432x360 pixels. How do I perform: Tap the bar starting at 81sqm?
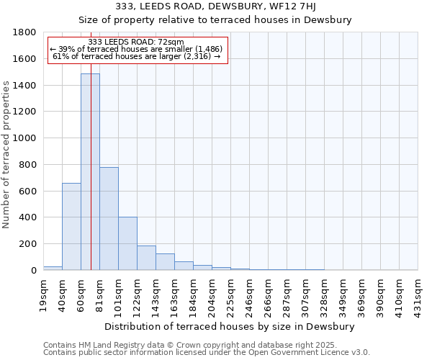point(109,218)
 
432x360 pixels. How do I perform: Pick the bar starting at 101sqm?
point(127,243)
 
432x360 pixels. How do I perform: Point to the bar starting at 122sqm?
point(146,258)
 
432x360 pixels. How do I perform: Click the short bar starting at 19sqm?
point(53,268)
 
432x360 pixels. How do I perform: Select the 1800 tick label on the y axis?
point(25,32)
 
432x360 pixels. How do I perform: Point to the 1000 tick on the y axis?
point(25,138)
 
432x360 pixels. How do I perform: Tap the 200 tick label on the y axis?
point(28,244)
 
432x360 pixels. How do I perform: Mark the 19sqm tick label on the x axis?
point(43,293)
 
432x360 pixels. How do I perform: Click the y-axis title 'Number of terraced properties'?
point(6,155)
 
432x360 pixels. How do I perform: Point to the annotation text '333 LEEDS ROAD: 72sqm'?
point(136,42)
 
